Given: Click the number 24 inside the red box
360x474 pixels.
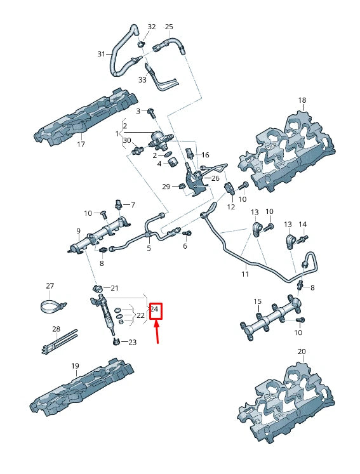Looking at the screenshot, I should click(155, 310).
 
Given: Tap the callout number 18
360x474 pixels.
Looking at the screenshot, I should click(302, 100).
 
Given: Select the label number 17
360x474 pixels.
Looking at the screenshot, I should click(81, 144).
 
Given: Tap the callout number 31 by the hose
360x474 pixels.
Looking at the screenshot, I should click(101, 55).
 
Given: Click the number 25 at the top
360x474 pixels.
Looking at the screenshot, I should click(169, 27).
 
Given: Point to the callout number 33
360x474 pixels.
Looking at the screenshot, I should click(142, 80).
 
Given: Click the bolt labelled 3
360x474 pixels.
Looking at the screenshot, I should click(152, 113).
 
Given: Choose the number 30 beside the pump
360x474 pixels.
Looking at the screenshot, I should click(127, 140).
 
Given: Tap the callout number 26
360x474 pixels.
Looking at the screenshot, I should click(215, 178).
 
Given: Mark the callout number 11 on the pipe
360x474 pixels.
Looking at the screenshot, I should click(245, 274).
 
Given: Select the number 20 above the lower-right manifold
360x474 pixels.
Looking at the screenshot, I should click(302, 352).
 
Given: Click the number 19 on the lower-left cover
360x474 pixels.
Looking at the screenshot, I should click(75, 366).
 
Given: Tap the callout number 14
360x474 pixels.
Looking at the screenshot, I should click(303, 225).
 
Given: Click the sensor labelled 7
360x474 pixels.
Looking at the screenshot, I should click(118, 204).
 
